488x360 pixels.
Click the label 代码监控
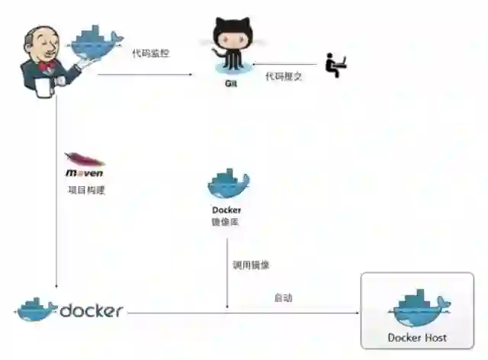[x=151, y=53]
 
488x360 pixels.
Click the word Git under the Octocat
[x=231, y=83]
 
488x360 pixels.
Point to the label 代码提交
[x=284, y=76]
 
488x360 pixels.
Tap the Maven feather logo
[x=85, y=160]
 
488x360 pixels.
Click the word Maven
[x=85, y=174]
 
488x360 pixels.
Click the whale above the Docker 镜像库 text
[x=228, y=184]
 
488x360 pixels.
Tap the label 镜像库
[x=226, y=222]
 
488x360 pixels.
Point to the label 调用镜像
[x=251, y=265]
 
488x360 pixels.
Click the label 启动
[x=284, y=298]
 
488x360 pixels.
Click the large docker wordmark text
[x=91, y=310]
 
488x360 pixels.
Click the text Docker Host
[x=417, y=337]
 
